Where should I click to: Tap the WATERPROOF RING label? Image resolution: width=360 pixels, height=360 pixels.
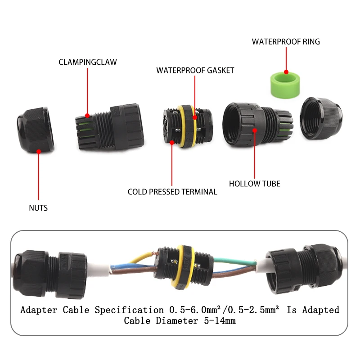tap(286, 42)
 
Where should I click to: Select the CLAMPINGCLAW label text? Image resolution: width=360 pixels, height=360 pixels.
tap(87, 62)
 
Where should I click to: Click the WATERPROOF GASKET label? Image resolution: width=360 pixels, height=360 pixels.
tap(195, 71)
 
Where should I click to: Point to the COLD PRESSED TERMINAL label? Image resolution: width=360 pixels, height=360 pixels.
tap(172, 192)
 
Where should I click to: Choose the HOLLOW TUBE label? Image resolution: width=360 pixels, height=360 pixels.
tap(254, 184)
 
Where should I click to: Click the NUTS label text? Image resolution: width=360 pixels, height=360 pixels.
tap(38, 208)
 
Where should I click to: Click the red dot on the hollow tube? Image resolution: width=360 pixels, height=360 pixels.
tap(255, 131)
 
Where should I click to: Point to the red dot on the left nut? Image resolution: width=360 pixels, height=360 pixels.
tap(39, 152)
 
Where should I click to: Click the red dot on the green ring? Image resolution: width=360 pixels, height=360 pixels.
tap(286, 71)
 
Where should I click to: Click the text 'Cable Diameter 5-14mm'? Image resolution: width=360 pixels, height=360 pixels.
tap(180, 321)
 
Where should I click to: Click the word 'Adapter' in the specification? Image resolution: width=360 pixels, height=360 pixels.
tap(40, 310)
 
